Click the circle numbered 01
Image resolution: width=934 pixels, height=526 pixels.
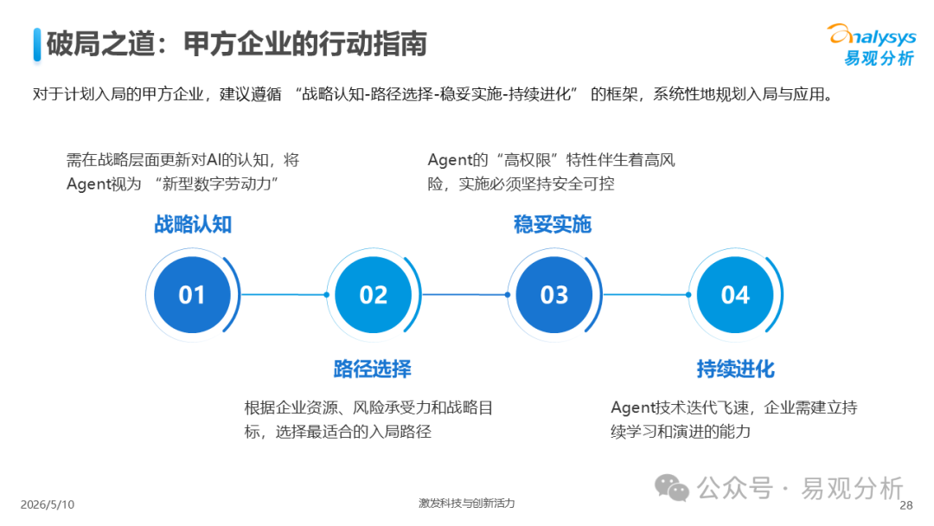tap(192, 295)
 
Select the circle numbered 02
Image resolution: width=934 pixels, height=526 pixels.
tap(373, 295)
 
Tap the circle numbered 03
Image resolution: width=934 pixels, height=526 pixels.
tap(554, 295)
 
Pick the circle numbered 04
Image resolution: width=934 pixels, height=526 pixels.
tap(735, 295)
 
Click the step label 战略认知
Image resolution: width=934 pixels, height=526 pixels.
tap(193, 225)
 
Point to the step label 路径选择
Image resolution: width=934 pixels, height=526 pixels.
tap(372, 369)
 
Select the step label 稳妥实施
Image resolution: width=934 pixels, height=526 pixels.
tap(552, 225)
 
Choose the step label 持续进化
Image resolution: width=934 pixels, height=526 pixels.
tap(736, 369)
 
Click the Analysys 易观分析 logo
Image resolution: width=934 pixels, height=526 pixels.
tap(872, 44)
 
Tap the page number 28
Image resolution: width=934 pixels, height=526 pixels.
tap(906, 505)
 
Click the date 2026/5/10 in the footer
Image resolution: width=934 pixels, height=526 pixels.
tap(48, 504)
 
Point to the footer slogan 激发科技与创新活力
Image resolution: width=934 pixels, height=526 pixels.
tap(466, 504)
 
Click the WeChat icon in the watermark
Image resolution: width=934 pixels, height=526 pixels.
tap(672, 488)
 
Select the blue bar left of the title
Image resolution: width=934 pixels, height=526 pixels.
tap(37, 45)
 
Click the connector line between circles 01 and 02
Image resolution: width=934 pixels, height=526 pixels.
tap(285, 294)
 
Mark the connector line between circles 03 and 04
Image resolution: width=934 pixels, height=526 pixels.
tap(646, 294)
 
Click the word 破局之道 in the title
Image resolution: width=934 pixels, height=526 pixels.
tap(100, 44)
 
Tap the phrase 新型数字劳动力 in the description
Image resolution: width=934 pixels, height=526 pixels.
tap(217, 184)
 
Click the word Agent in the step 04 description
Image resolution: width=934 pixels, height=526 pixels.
tap(633, 408)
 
